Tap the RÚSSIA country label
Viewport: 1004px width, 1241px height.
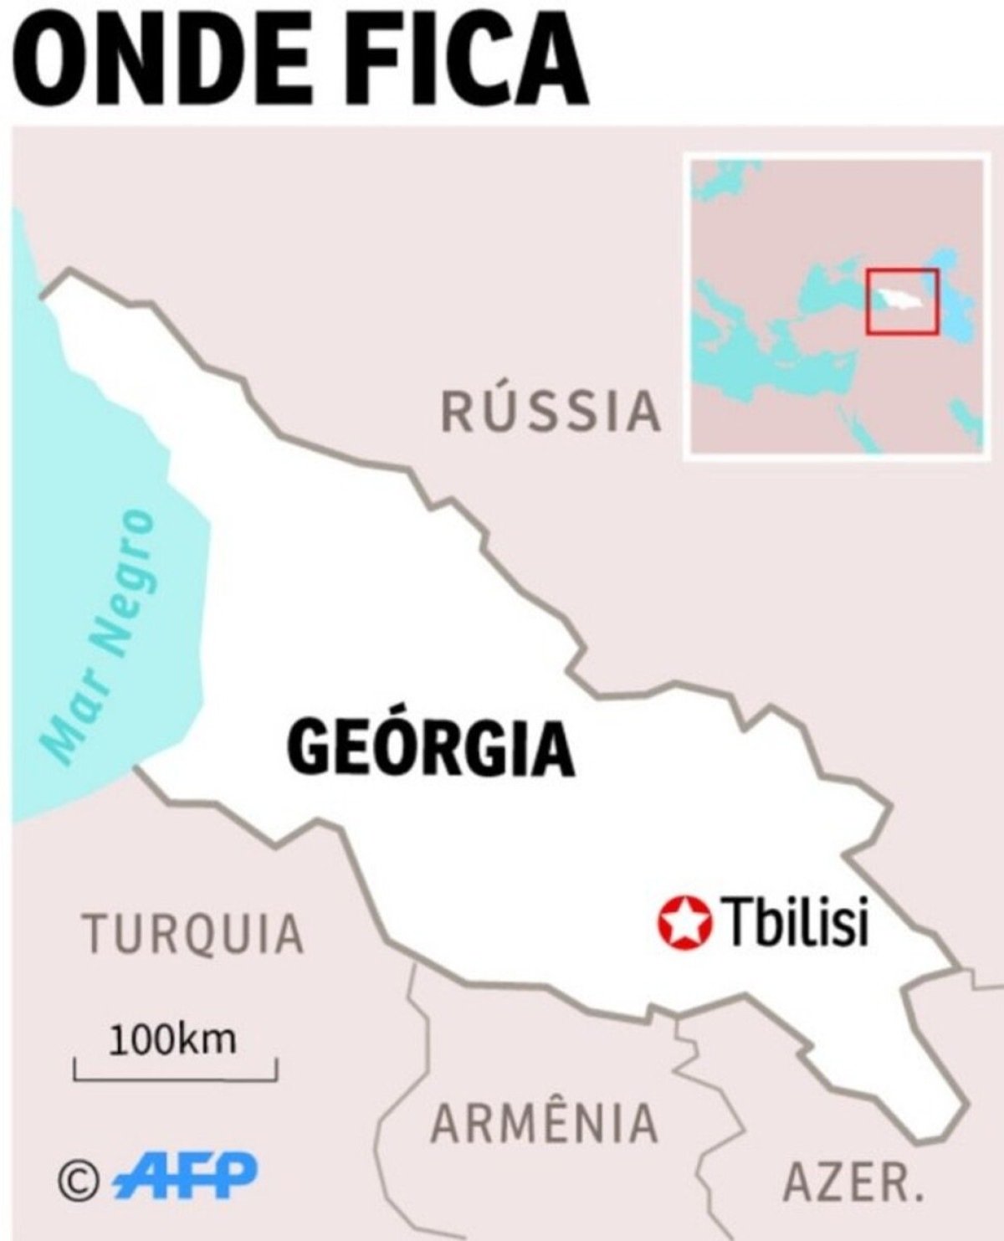pyautogui.click(x=551, y=412)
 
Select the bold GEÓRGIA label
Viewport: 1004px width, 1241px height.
pyautogui.click(x=431, y=746)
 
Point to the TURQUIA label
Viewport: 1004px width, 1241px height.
pyautogui.click(x=192, y=934)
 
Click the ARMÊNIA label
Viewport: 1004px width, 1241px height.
pyautogui.click(x=544, y=1122)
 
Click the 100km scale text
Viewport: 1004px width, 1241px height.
pyautogui.click(x=174, y=1039)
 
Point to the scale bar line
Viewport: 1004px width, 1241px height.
pyautogui.click(x=176, y=1078)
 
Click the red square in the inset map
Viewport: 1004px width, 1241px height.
pyautogui.click(x=902, y=302)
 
